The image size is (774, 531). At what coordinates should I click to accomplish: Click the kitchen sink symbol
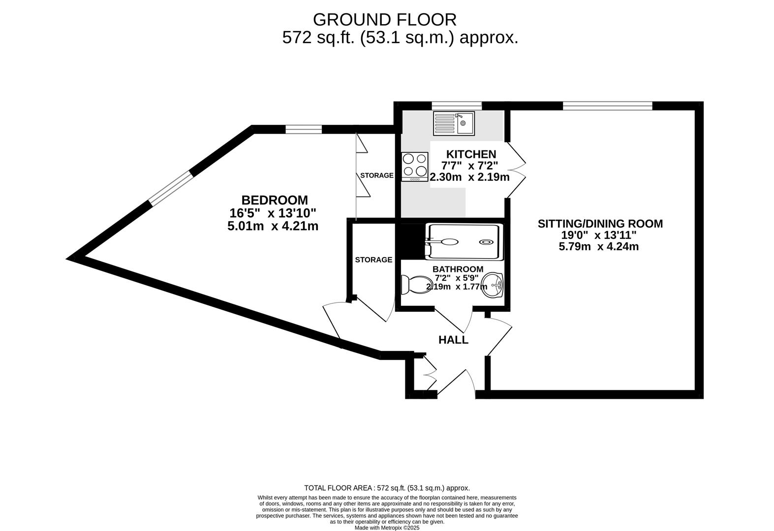(x=453, y=123)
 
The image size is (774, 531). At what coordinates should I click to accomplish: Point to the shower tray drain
(x=486, y=242)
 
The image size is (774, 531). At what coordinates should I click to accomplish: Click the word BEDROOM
(x=275, y=200)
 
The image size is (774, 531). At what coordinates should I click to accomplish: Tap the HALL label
(x=453, y=340)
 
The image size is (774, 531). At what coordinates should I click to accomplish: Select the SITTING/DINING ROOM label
(x=600, y=224)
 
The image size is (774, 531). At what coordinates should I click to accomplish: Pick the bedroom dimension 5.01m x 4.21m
(x=273, y=226)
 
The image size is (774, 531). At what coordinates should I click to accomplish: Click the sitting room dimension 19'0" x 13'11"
(x=599, y=235)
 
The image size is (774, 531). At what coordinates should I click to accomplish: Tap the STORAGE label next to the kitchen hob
(x=376, y=176)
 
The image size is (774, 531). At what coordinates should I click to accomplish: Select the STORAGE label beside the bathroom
(x=373, y=260)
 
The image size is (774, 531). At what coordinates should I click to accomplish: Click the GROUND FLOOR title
(x=384, y=20)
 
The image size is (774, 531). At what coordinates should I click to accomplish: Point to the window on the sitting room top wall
(x=607, y=105)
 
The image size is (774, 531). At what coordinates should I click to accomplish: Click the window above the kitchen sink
(x=457, y=105)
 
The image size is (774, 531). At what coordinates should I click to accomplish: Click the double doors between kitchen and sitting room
(x=517, y=170)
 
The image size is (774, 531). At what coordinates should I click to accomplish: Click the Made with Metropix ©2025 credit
(x=387, y=528)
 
